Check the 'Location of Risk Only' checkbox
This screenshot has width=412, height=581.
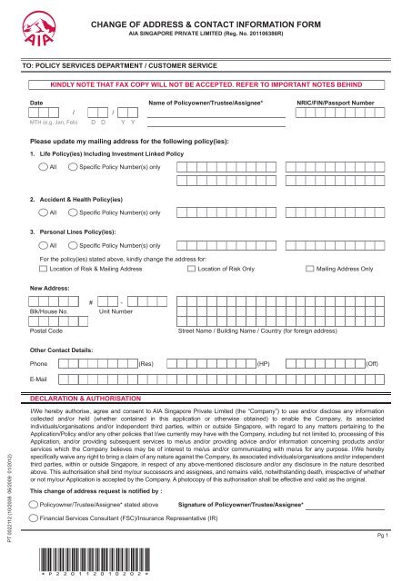coord(179,270)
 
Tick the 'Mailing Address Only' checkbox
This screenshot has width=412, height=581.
coord(312,270)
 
